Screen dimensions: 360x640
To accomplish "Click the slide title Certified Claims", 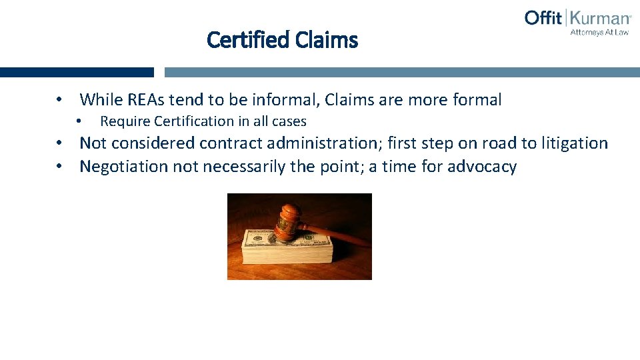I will tap(282, 40).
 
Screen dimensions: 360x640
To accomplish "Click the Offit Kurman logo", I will tap(577, 18).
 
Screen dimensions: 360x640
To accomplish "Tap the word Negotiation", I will tap(124, 167).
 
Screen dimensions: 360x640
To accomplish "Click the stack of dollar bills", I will tap(287, 250).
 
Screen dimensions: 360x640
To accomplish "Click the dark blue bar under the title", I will tap(77, 72).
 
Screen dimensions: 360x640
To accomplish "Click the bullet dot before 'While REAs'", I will tap(60, 100).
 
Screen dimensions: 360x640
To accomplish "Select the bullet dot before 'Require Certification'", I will tap(79, 121).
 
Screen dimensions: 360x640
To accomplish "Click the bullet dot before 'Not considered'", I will tap(60, 143).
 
